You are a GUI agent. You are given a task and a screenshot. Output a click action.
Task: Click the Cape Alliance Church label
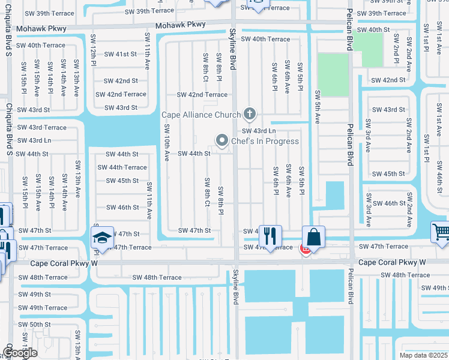tap(201, 115)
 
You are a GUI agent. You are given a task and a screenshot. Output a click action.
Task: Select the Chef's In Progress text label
tap(265, 142)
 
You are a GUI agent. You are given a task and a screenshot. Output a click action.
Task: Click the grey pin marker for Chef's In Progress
tap(222, 141)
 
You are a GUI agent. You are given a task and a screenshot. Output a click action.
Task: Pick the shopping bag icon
tap(313, 236)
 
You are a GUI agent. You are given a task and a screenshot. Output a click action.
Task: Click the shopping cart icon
tap(441, 232)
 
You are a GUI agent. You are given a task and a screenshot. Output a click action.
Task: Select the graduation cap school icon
tap(103, 238)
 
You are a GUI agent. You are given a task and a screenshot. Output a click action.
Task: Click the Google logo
tap(19, 353)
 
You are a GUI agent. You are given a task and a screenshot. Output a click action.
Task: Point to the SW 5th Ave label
tap(318, 107)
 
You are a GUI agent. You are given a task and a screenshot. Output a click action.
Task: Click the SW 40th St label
tap(373, 29)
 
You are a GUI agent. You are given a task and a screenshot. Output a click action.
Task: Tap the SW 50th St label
tap(34, 325)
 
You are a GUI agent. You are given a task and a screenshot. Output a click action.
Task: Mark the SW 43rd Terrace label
tap(41, 127)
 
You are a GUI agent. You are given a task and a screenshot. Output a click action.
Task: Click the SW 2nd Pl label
tap(397, 47)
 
